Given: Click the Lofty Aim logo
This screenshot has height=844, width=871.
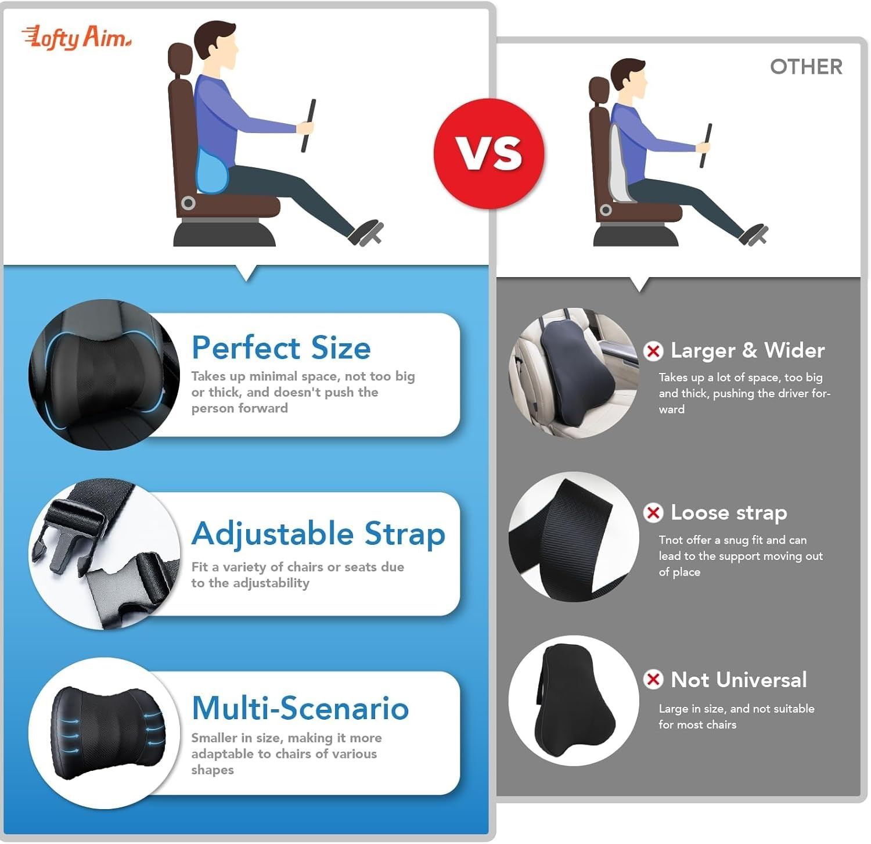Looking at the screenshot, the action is coord(76,38).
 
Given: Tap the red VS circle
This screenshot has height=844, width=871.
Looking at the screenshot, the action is coord(489,153).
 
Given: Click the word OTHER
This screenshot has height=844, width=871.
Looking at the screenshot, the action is coord(806,67).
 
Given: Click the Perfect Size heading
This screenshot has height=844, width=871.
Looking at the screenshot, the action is coord(281,347).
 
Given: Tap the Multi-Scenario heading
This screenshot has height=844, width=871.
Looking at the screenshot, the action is coord(300,708).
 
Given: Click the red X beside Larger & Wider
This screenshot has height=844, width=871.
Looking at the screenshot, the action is coord(653,351).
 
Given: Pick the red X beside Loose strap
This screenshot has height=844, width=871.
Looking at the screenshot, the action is coord(653,512).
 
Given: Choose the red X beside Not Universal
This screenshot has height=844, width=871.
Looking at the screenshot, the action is coord(653,679).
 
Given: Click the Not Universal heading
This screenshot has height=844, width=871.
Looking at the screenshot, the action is coord(739,680).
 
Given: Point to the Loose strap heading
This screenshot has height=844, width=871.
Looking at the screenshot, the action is coord(729,513).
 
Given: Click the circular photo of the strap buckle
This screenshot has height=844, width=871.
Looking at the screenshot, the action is coord(105,554).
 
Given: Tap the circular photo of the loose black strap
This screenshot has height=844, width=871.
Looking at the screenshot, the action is coord(574,537).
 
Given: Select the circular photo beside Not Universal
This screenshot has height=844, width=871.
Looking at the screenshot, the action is coord(574,701).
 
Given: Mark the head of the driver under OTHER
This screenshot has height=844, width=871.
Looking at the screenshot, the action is coord(629,79).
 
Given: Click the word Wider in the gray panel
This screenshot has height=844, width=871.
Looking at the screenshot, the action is coord(794,350).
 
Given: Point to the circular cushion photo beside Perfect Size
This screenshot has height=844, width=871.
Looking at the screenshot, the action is coord(105,375).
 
